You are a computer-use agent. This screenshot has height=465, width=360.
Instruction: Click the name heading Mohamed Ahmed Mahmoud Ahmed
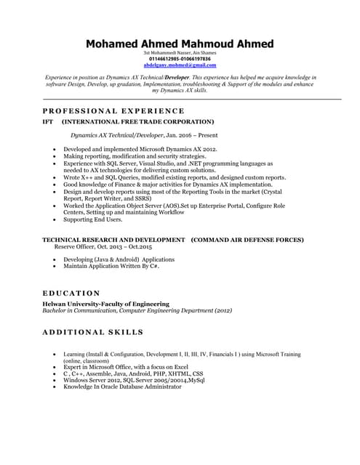click(x=180, y=44)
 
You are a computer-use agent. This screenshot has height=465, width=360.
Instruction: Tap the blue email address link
click(x=180, y=65)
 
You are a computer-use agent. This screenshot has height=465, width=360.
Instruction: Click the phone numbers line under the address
click(x=180, y=59)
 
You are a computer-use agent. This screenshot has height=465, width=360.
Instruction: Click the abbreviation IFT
click(x=48, y=121)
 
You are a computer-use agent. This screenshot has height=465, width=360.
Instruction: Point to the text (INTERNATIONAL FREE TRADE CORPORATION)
click(x=137, y=121)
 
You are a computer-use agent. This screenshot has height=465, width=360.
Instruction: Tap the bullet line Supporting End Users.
click(x=92, y=219)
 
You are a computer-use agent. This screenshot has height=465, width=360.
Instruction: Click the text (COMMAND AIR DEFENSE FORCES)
click(x=247, y=240)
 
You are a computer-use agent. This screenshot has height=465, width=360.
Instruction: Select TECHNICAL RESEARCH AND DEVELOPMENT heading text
click(x=113, y=240)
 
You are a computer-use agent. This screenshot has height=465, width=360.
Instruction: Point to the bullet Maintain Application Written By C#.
click(x=111, y=266)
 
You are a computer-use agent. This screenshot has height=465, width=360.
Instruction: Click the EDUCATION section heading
click(x=71, y=293)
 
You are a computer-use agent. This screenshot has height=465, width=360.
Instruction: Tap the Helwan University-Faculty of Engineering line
click(x=106, y=304)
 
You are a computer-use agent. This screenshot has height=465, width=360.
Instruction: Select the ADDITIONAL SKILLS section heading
click(x=92, y=331)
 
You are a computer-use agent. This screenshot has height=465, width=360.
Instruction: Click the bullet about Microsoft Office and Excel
click(x=126, y=368)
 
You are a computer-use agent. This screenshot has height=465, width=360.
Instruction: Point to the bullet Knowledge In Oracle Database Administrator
click(x=122, y=387)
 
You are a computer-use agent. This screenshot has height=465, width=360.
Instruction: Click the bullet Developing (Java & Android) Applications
click(x=119, y=259)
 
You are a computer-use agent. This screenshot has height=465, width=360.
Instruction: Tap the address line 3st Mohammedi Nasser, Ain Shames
click(x=180, y=53)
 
